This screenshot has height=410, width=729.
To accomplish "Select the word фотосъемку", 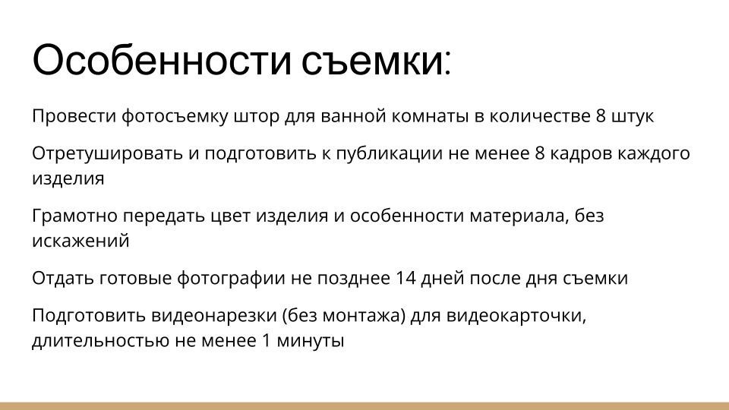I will pyautogui.click(x=167, y=117).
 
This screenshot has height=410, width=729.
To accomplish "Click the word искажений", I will pyautogui.click(x=80, y=241).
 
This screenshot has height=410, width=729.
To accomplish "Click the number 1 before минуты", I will pyautogui.click(x=267, y=341).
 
